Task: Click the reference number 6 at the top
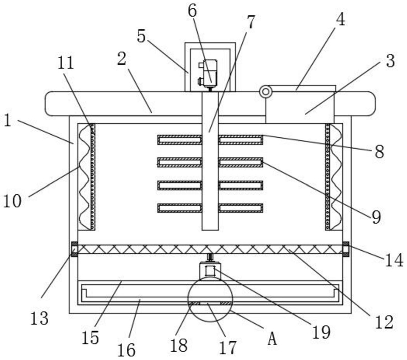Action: coord(192,11)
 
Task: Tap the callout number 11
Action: coord(65,63)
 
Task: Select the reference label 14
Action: coord(394,260)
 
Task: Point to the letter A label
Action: coord(272,339)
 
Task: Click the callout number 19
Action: coord(322,332)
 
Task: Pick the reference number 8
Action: coord(379,152)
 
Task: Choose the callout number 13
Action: coord(39,319)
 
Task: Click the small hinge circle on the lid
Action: coord(265,92)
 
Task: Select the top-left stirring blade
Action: coord(179,140)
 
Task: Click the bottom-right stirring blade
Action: coord(241,208)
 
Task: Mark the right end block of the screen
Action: coord(345,249)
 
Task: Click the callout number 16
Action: coord(126,350)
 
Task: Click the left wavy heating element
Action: coord(84,177)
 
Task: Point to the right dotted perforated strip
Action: coord(328,177)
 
